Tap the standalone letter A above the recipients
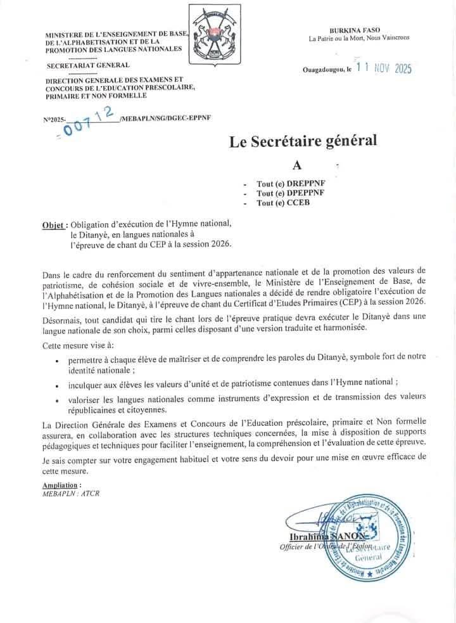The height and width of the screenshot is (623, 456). point(297,165)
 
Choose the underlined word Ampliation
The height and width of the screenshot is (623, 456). point(62,485)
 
